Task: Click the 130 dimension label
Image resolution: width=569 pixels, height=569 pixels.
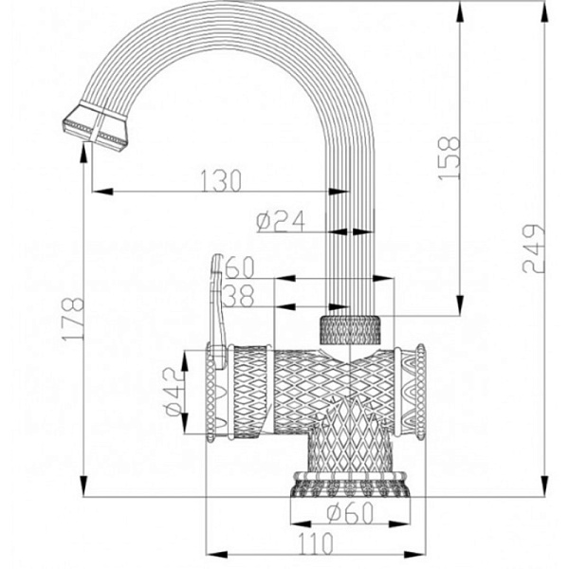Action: click(x=221, y=178)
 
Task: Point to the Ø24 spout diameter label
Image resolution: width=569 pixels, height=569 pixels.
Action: click(x=280, y=221)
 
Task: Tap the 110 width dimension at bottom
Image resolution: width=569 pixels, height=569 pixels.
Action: click(x=314, y=544)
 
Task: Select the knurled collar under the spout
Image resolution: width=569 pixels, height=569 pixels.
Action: click(x=351, y=329)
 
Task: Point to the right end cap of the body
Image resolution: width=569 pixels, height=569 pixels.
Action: click(x=410, y=393)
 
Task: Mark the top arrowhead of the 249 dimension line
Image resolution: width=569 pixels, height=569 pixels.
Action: click(x=544, y=8)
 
